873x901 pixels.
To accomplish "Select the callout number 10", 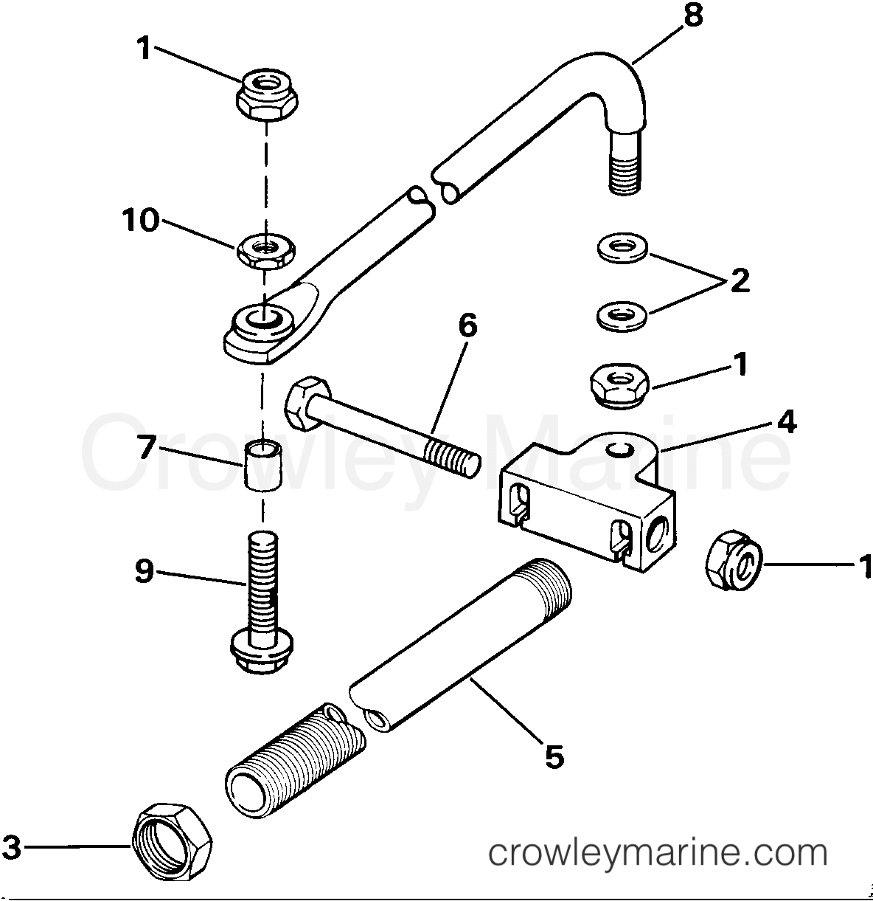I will pos(141,220).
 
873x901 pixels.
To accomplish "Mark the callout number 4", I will pos(786,423).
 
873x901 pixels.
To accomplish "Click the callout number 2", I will pos(738,280).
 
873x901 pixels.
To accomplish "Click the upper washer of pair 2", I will pos(622,248).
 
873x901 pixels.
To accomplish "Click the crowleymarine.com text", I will pos(658,854).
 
